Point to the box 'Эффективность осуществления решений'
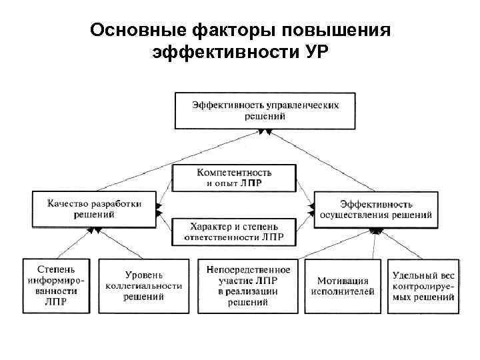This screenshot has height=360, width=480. click(376, 209)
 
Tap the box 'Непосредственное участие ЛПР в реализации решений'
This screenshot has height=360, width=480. click(247, 285)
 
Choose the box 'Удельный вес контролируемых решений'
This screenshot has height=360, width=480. click(423, 285)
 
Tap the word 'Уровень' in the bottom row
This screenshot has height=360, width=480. click(145, 275)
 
